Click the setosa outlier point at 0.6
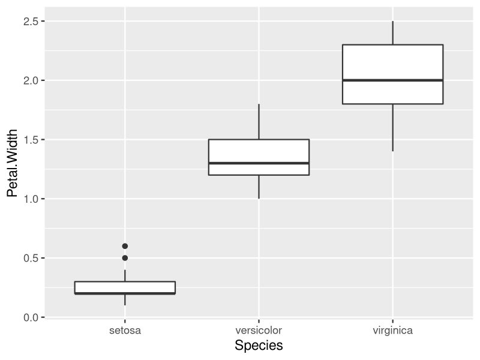(x=125, y=246)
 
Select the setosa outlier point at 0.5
(x=125, y=258)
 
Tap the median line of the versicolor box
(x=259, y=163)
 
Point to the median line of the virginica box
(x=392, y=80)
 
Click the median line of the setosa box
(x=125, y=293)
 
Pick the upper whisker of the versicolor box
(x=259, y=122)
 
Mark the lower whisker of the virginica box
(x=392, y=127)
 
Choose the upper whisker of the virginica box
(x=392, y=33)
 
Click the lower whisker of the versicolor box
(x=259, y=187)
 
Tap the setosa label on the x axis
(x=125, y=331)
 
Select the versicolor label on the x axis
(x=259, y=331)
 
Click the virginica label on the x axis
(x=392, y=331)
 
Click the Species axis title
(x=259, y=346)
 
